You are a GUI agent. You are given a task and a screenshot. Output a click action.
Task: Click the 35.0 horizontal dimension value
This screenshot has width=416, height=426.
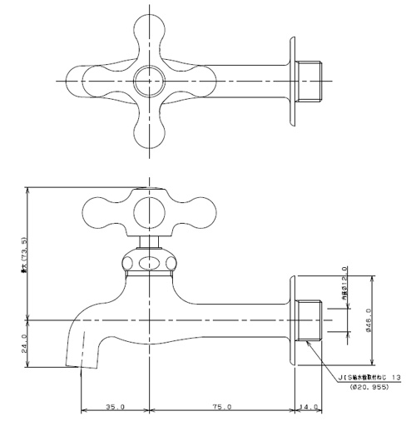click(x=115, y=407)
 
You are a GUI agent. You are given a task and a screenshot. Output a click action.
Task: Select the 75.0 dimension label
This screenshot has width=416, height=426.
click(x=221, y=407)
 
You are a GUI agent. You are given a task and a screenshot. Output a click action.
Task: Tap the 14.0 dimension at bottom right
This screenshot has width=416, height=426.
click(x=308, y=407)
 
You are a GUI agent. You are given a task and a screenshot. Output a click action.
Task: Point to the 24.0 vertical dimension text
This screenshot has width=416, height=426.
click(x=25, y=342)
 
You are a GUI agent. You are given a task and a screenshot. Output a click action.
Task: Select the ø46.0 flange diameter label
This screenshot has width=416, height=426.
click(x=368, y=318)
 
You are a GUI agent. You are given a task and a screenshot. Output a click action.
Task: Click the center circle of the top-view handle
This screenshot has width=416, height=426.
click(x=148, y=80)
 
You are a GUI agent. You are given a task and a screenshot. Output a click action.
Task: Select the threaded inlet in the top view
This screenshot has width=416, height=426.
click(x=310, y=80)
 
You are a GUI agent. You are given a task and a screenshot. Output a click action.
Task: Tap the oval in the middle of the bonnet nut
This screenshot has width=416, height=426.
click(x=148, y=264)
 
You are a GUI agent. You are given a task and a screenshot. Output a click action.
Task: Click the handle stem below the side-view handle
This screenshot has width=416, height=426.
click(x=148, y=242)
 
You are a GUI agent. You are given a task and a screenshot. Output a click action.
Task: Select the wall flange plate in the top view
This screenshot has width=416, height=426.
click(x=295, y=80)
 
